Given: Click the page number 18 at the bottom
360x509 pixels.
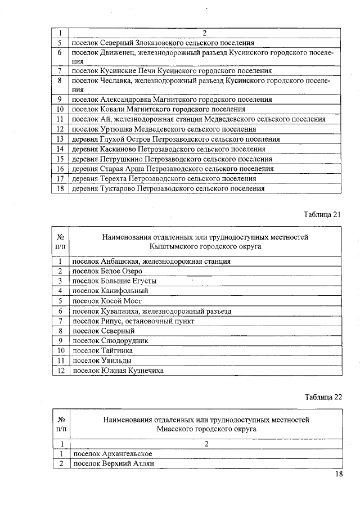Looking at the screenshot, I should point(339,474).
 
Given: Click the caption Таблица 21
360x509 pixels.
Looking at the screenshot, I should point(322,214).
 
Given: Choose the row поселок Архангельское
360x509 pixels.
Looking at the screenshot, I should point(112,453).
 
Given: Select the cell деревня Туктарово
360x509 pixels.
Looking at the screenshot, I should point(168,188).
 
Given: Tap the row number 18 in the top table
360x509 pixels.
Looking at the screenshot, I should point(59,188).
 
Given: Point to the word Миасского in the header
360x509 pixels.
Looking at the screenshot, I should point(176,429).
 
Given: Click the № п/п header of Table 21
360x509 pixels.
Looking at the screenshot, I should point(60,241).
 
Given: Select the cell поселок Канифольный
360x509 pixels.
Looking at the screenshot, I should point(110,291).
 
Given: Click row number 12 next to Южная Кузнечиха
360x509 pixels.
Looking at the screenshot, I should point(60,370).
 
